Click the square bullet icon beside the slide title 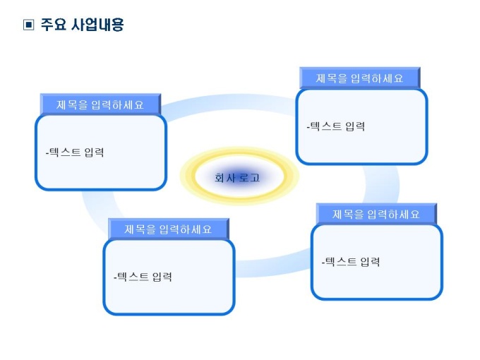click(x=28, y=25)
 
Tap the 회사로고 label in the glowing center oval click(x=237, y=178)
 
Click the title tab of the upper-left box click(x=100, y=104)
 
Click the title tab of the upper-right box click(x=360, y=78)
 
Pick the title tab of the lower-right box click(x=376, y=215)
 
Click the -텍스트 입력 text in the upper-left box click(x=75, y=152)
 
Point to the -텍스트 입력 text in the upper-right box click(x=336, y=126)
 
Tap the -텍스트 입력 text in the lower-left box click(x=143, y=277)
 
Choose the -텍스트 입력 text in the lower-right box click(x=351, y=262)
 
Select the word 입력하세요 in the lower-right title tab click(x=394, y=215)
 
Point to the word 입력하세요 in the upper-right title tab click(x=377, y=78)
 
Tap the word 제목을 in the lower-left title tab click(x=140, y=229)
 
